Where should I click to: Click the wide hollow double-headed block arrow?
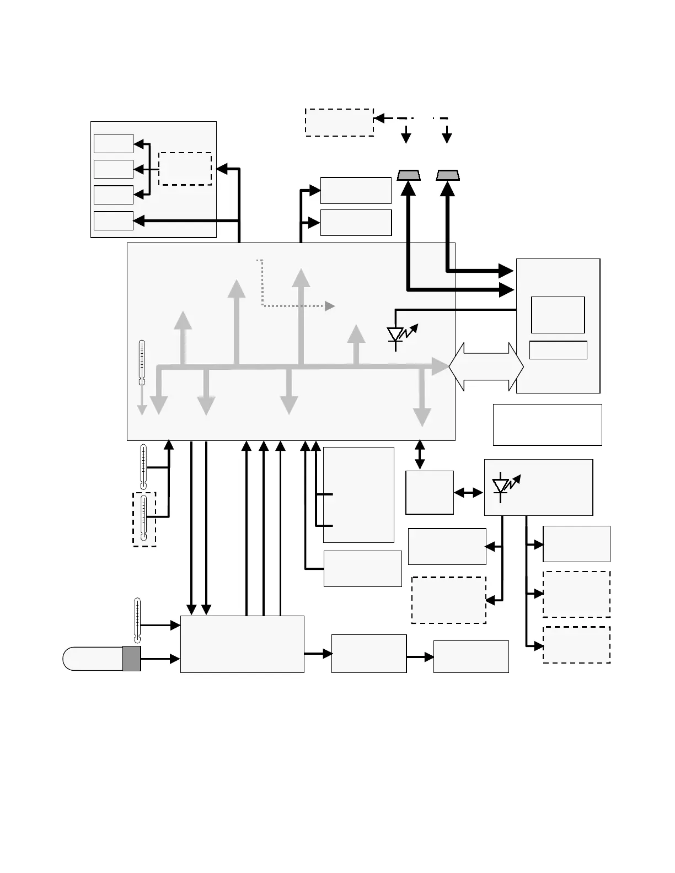[486, 367]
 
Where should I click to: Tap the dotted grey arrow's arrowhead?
[330, 306]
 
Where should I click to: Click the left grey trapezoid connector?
[409, 175]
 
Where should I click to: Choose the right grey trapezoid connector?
[448, 175]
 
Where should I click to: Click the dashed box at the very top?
[339, 122]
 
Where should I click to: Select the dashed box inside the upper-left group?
[185, 169]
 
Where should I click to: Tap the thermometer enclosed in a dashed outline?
[144, 519]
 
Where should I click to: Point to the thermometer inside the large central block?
[142, 362]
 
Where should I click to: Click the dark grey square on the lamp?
[132, 659]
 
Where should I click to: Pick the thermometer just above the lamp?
[137, 620]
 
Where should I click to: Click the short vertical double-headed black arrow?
[420, 455]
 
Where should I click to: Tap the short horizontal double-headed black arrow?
[469, 493]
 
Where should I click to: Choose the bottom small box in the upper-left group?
[113, 220]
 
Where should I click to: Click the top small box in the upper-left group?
[113, 143]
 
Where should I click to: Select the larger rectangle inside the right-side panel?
[558, 315]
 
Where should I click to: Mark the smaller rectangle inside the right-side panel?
[558, 350]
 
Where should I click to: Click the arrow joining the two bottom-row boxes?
[420, 656]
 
